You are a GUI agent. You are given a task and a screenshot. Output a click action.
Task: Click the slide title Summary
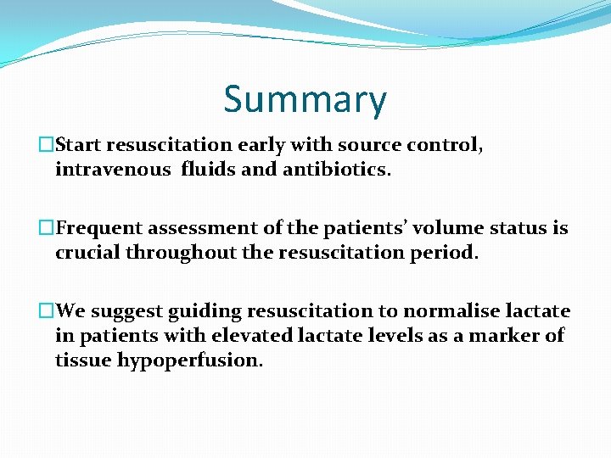tap(305, 99)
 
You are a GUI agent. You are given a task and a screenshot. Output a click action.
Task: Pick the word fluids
tap(210, 170)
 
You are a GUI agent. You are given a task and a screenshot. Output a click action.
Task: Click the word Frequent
tap(105, 228)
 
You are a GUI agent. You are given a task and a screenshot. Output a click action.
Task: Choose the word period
tap(445, 253)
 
